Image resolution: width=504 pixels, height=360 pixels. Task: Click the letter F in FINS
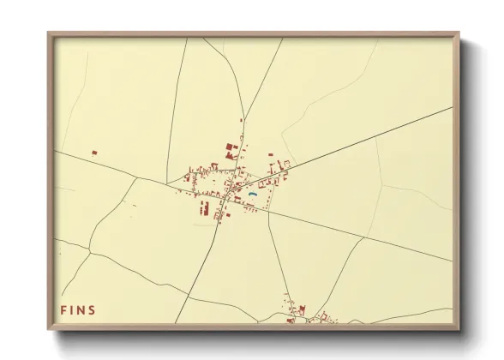click(63, 309)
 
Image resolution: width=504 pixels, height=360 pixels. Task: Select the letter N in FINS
click(81, 309)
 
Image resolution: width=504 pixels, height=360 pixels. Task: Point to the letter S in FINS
click(93, 309)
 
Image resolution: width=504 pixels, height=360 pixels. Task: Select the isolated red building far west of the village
click(94, 153)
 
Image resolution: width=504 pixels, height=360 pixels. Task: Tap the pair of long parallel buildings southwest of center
click(205, 207)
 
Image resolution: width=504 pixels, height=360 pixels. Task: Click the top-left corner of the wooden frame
click(50, 34)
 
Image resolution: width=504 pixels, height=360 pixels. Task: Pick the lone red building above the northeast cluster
click(270, 155)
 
